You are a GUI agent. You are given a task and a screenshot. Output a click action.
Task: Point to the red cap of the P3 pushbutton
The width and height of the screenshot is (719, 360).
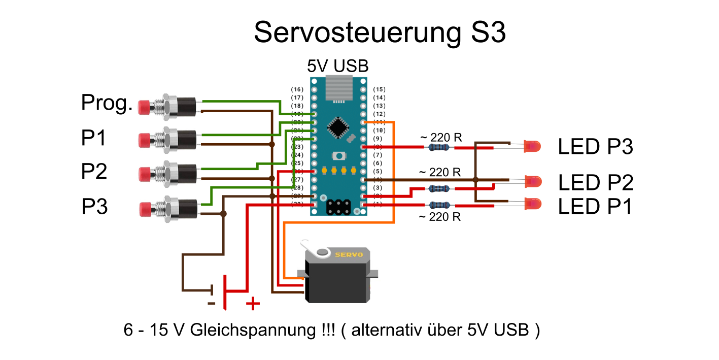(145, 209)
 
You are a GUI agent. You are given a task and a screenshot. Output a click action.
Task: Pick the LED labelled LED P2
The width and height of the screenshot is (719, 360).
(533, 180)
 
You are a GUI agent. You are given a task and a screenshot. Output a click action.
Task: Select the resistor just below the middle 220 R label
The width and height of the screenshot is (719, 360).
(438, 188)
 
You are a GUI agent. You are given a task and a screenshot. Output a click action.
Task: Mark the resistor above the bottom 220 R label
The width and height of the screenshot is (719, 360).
(438, 205)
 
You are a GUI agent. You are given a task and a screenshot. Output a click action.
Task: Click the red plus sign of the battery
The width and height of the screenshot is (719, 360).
(253, 304)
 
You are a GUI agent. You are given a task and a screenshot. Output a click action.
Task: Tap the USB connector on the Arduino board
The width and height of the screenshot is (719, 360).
(338, 87)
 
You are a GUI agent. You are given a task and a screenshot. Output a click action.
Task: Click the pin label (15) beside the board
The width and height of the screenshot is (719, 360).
(379, 89)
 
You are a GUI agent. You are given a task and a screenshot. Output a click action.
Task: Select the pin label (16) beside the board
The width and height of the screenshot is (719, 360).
(297, 89)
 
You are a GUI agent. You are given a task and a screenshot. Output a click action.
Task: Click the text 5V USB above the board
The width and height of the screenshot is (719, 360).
(337, 66)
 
